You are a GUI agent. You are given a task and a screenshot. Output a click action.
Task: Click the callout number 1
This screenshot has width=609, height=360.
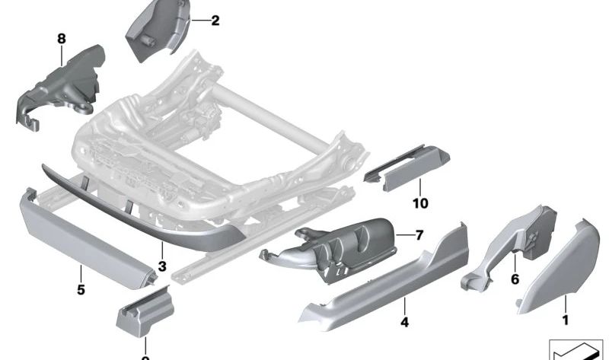pyautogui.click(x=565, y=321)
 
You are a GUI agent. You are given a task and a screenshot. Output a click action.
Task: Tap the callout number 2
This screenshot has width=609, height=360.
pyautogui.click(x=215, y=21)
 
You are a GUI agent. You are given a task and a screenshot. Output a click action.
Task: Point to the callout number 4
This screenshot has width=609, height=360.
pyautogui.click(x=404, y=323)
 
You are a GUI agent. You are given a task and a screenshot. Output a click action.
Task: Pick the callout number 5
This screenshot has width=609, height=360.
pyautogui.click(x=80, y=290)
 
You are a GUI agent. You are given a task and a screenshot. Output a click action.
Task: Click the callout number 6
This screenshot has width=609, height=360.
pyautogui.click(x=515, y=280)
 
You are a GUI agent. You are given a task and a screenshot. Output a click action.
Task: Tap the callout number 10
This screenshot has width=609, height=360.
pyautogui.click(x=420, y=203)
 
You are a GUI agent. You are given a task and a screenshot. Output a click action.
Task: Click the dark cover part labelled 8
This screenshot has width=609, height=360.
pyautogui.click(x=65, y=80)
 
